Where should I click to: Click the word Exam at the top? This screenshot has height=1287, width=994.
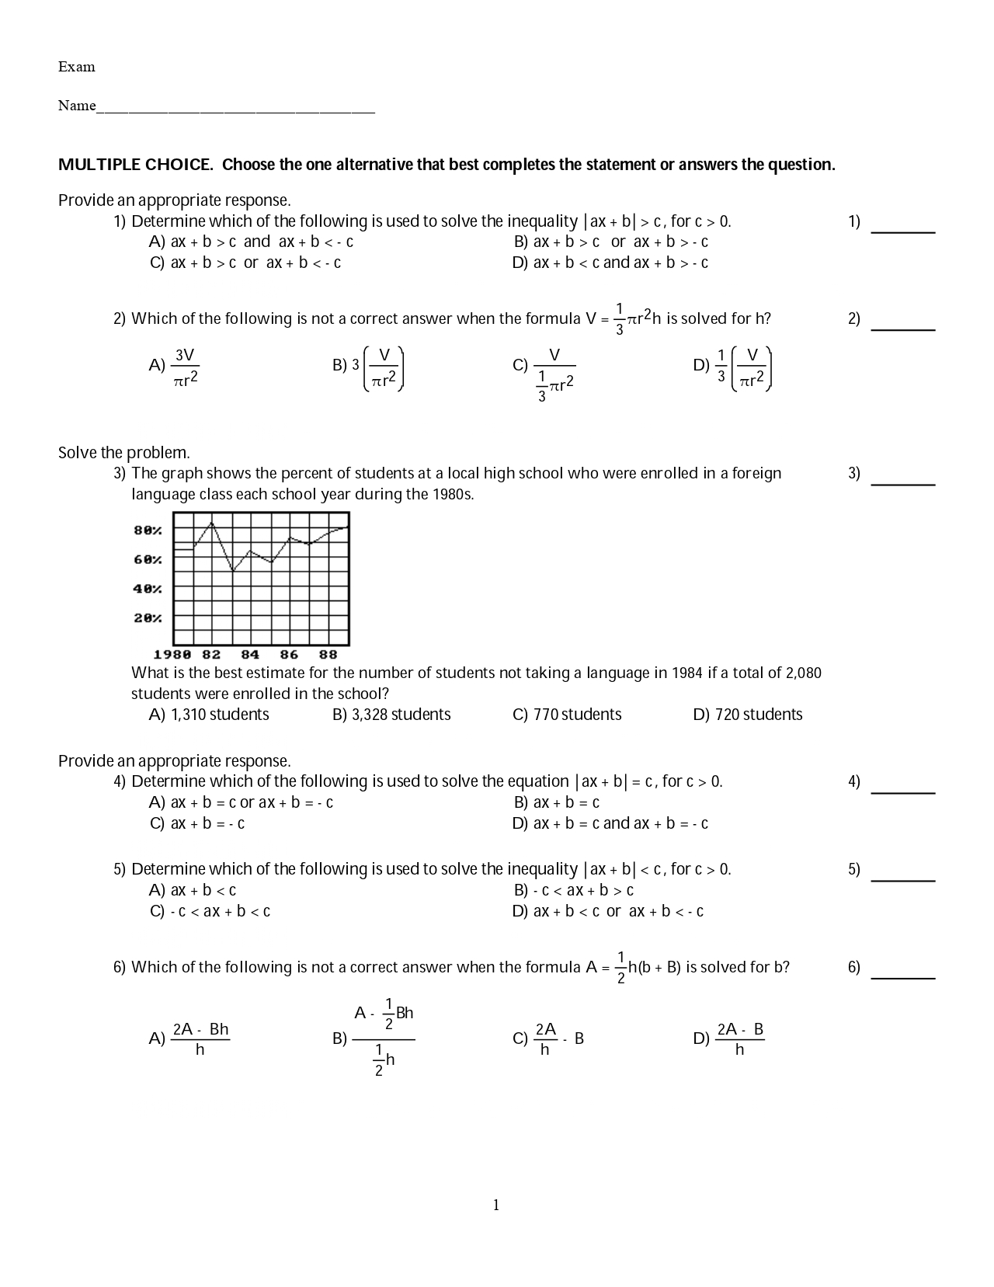point(76,67)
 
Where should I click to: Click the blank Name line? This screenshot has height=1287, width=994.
point(235,109)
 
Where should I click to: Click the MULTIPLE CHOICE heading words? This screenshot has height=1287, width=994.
point(135,165)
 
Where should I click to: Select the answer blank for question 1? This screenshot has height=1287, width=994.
point(902,227)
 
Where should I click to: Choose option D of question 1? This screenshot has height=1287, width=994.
point(610,263)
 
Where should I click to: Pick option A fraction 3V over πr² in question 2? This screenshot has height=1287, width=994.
point(185,367)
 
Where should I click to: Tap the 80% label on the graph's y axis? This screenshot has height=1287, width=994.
point(148,530)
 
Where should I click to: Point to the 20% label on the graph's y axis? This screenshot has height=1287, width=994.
point(148,618)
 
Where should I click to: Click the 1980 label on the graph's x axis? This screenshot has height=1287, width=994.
point(172,655)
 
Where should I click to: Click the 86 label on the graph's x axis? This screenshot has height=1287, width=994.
point(289,655)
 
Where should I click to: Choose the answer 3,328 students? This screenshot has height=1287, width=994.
point(392,715)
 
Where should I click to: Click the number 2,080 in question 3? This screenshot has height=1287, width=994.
point(804,673)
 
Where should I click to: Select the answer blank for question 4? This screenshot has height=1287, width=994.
point(902,788)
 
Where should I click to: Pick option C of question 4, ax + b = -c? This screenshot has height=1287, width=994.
point(198,823)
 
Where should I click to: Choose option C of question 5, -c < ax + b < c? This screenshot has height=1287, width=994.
point(211,911)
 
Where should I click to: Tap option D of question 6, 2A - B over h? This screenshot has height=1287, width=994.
point(739,1039)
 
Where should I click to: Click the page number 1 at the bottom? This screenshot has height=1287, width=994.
point(496,1205)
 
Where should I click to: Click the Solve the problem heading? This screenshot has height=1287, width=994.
point(124,453)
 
